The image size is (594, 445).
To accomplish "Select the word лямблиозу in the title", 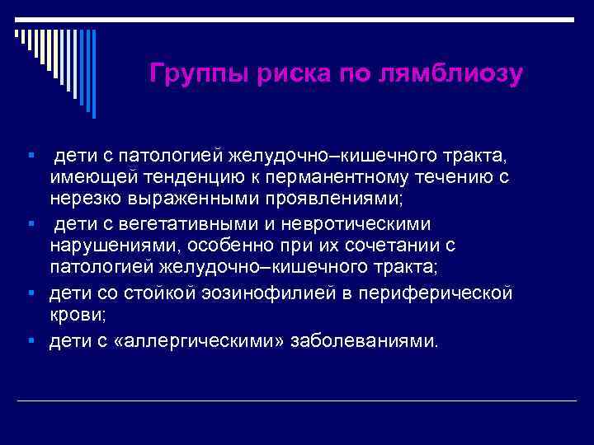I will (451, 74).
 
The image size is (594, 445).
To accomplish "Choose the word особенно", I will (249, 246).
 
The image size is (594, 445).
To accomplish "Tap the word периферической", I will (441, 293).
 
